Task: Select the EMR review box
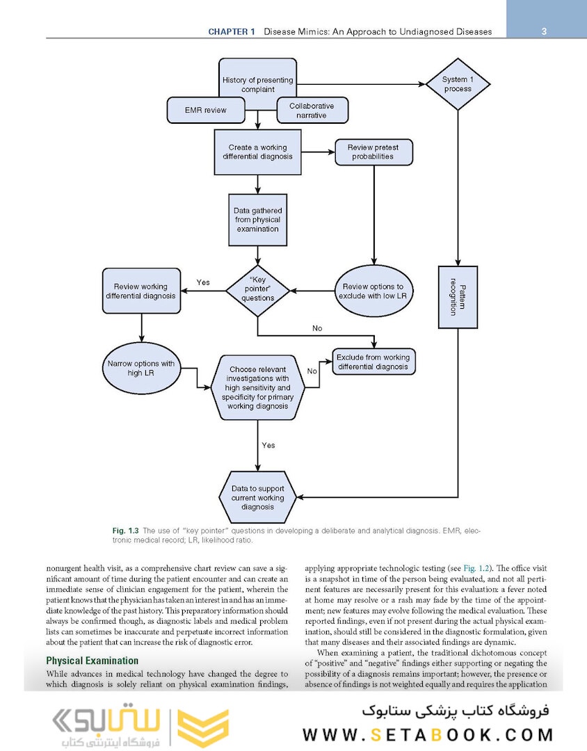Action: tap(205, 110)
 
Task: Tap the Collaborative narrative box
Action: tap(312, 111)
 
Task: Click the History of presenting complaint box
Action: tap(257, 83)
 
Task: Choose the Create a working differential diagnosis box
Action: tap(257, 152)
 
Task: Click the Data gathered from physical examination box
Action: tap(257, 219)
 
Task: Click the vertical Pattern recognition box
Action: tap(457, 297)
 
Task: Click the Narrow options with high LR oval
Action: tap(140, 369)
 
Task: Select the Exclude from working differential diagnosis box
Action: tap(373, 362)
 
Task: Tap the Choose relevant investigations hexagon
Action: tap(257, 387)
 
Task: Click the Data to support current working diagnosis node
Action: tap(257, 497)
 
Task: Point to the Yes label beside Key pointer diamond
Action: tap(203, 282)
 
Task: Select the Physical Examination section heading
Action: tap(92, 661)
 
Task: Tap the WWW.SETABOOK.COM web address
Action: tap(428, 734)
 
